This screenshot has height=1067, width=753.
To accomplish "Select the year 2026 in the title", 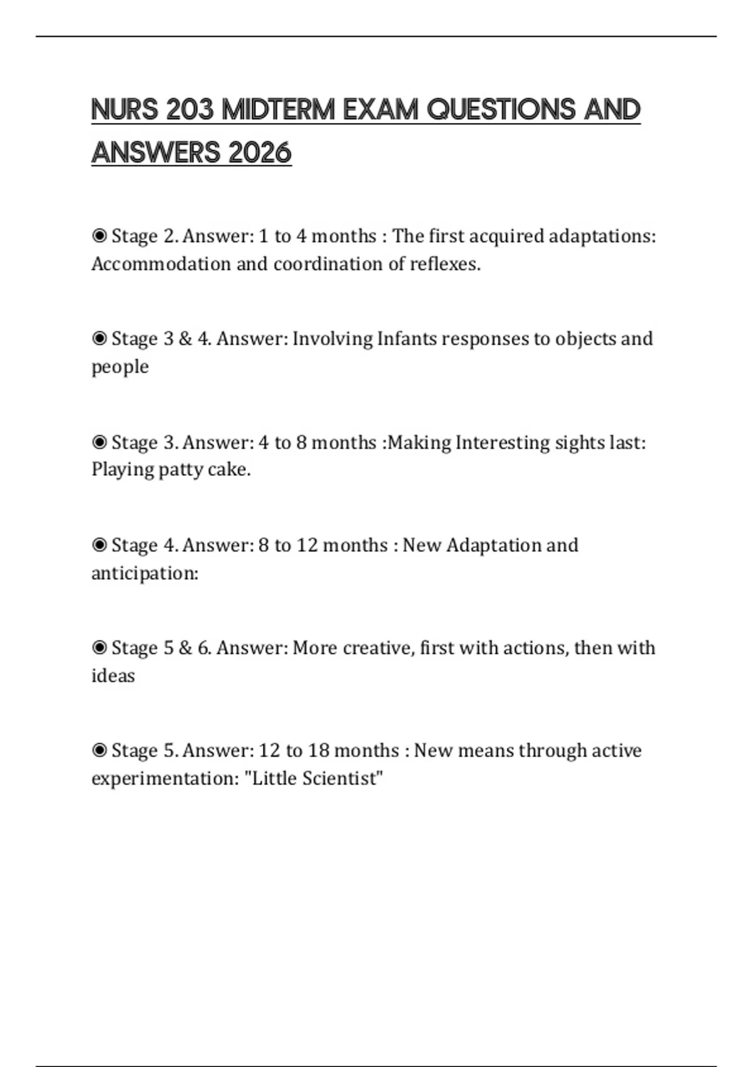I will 260,153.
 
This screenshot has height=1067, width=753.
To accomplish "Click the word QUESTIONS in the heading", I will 501,110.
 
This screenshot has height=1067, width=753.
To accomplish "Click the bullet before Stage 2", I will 99,236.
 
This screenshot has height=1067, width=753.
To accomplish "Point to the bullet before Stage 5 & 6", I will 99,648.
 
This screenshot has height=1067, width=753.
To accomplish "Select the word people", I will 120,367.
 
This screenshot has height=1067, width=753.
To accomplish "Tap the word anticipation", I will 144,573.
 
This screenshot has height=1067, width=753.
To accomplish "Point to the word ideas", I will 113,676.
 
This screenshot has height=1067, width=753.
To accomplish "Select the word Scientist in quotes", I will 342,779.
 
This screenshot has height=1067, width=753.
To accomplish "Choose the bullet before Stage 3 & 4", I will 99,339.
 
